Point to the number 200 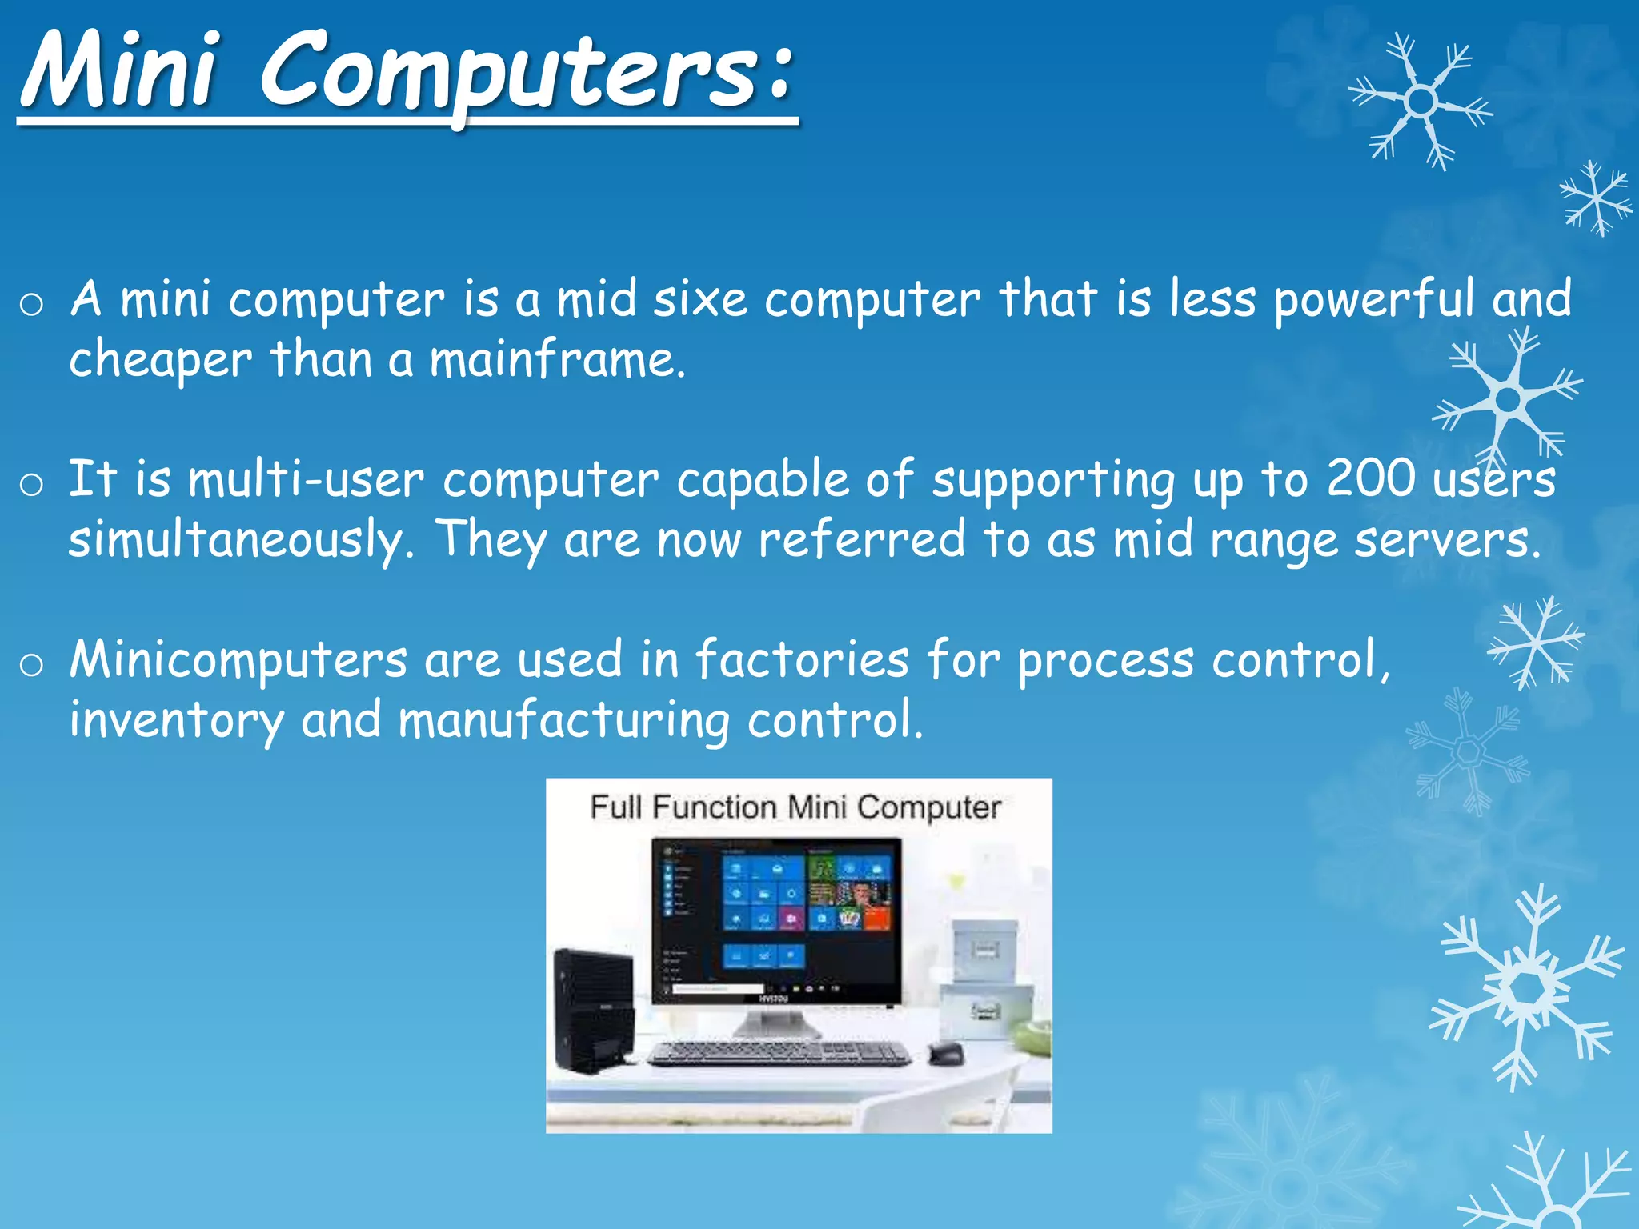[1370, 478]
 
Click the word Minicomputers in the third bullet [238, 660]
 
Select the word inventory [176, 720]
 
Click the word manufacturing [564, 720]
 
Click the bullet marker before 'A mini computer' [31, 305]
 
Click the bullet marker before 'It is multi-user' [31, 485]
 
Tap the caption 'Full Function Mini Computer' [795, 807]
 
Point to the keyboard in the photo [778, 1052]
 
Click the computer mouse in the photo [946, 1052]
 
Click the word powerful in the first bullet [1373, 300]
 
